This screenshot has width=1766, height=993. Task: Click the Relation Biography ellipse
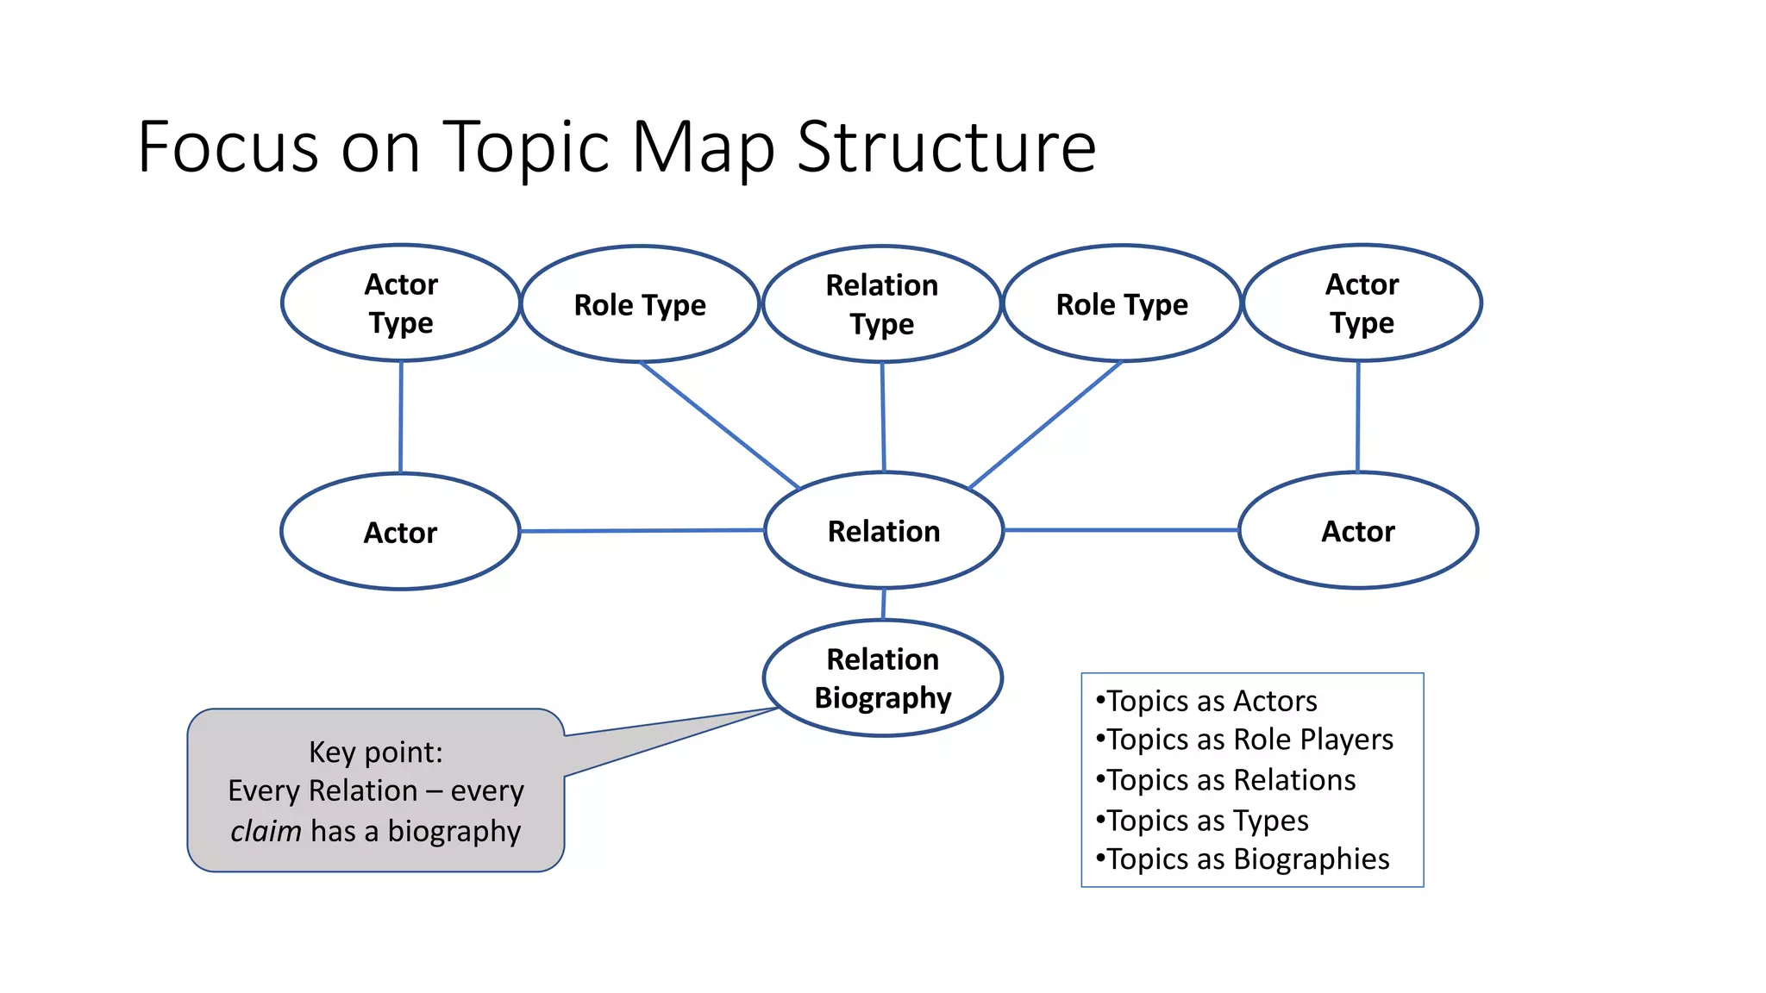pyautogui.click(x=883, y=678)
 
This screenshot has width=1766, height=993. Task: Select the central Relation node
pyautogui.click(x=884, y=530)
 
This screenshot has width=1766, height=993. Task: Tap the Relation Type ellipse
pyautogui.click(x=881, y=303)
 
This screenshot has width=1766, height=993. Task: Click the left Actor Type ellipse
pyautogui.click(x=401, y=303)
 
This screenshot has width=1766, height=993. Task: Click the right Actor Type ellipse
pyautogui.click(x=1362, y=303)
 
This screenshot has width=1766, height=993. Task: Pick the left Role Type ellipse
pyautogui.click(x=640, y=304)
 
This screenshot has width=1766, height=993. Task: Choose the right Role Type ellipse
pyautogui.click(x=1122, y=303)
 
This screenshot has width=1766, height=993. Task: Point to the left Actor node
pyautogui.click(x=400, y=532)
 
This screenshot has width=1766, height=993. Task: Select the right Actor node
pyautogui.click(x=1358, y=530)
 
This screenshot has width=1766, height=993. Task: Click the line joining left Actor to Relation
pyautogui.click(x=642, y=531)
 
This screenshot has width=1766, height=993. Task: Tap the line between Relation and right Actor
pyautogui.click(x=1121, y=530)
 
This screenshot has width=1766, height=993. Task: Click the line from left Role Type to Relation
pyautogui.click(x=720, y=425)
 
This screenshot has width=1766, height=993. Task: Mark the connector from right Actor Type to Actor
pyautogui.click(x=1358, y=416)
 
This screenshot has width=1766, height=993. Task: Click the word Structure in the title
pyautogui.click(x=946, y=147)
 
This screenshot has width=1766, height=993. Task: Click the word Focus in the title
pyautogui.click(x=228, y=147)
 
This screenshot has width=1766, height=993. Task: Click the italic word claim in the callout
pyautogui.click(x=266, y=831)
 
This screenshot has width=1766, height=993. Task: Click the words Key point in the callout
pyautogui.click(x=375, y=752)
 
